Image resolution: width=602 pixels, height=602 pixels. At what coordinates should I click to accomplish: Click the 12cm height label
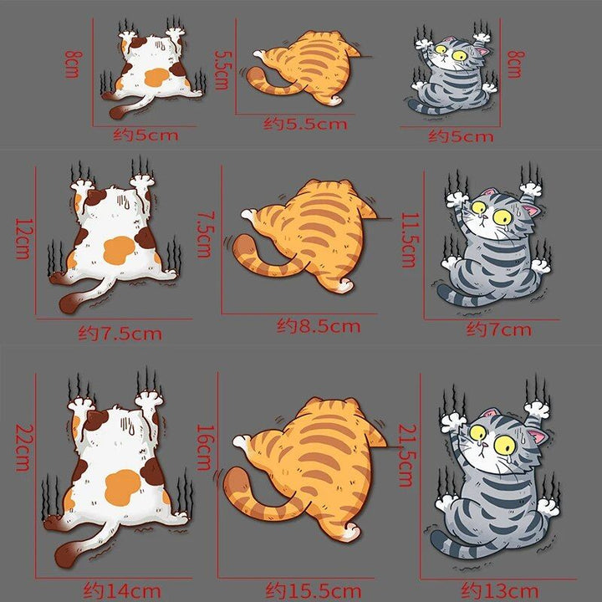(22, 238)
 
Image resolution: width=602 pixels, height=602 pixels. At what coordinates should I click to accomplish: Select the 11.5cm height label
(407, 239)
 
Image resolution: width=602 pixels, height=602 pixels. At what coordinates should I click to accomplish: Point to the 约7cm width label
(499, 329)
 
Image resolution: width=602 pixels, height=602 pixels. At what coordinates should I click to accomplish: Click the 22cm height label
(23, 447)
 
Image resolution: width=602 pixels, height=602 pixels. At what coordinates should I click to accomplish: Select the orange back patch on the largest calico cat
(124, 485)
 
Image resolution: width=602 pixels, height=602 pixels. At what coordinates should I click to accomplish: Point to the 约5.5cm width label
(305, 124)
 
